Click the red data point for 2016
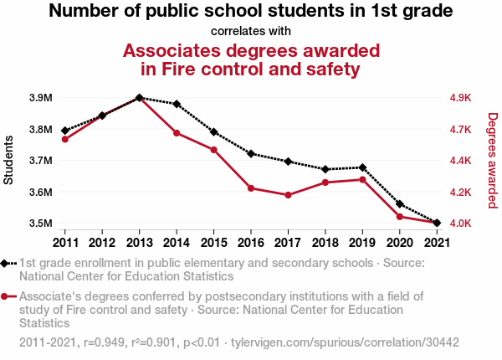point(251,188)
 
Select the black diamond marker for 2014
point(177,104)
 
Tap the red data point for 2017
point(288,195)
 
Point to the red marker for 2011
point(65,139)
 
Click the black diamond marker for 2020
point(399,203)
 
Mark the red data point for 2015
point(213,150)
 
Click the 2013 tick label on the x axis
point(139,243)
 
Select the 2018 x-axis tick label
point(325,243)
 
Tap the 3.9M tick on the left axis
point(40,98)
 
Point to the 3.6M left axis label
point(40,193)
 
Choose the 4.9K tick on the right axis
point(463,98)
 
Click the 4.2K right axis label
point(463,193)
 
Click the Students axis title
point(9,160)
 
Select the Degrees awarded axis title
point(493,160)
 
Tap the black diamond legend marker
point(7,263)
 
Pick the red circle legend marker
point(7,296)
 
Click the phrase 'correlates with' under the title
point(251,32)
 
